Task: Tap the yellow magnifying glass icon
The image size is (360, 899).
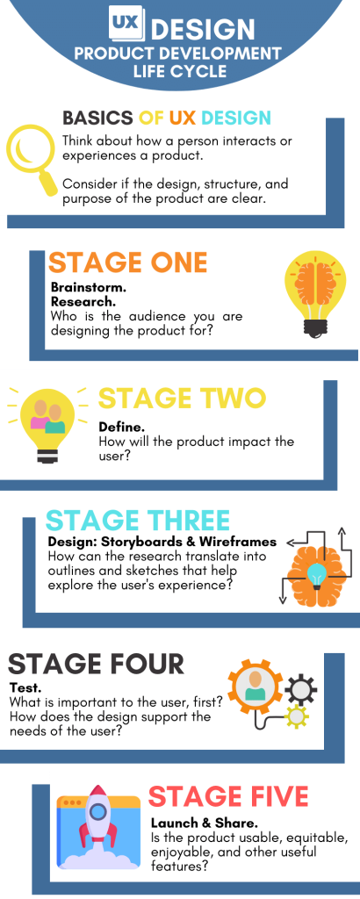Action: pyautogui.click(x=32, y=159)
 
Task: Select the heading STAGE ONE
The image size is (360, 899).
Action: pyautogui.click(x=128, y=263)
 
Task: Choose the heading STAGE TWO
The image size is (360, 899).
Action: pyautogui.click(x=183, y=399)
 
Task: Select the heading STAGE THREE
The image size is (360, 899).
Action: pyautogui.click(x=138, y=521)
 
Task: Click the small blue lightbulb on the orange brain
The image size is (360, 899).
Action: pyautogui.click(x=316, y=575)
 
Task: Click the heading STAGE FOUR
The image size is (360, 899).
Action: pyautogui.click(x=97, y=664)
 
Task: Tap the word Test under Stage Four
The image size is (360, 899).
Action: pyautogui.click(x=22, y=687)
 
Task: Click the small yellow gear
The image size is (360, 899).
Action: pyautogui.click(x=298, y=716)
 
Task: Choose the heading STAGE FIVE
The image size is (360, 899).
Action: pyautogui.click(x=228, y=797)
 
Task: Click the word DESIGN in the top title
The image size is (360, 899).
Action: pyautogui.click(x=203, y=29)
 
